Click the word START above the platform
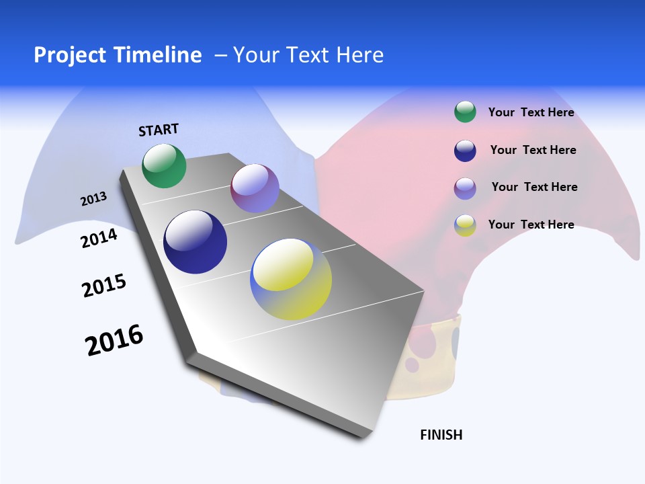(159, 130)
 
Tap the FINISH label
(441, 435)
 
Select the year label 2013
(93, 199)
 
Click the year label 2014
(99, 239)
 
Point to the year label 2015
(104, 286)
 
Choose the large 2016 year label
(114, 340)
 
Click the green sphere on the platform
(164, 165)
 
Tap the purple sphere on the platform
(255, 188)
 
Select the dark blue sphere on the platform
(195, 242)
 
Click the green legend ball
(465, 112)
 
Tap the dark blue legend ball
(465, 151)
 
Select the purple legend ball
(465, 188)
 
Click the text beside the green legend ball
(531, 112)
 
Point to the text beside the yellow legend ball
(531, 225)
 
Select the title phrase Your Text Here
(308, 55)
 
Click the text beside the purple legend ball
(534, 187)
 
